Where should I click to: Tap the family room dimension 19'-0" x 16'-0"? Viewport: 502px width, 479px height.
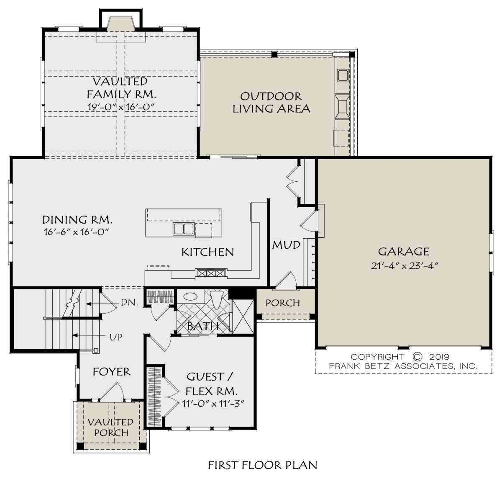[x=121, y=107]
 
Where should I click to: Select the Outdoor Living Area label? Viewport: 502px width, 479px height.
[x=271, y=103]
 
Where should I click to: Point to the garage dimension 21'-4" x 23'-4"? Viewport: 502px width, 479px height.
[x=405, y=266]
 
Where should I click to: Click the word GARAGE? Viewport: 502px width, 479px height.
[x=404, y=252]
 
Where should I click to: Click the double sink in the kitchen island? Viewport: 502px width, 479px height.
[x=183, y=229]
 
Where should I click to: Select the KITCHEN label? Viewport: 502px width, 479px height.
[x=207, y=252]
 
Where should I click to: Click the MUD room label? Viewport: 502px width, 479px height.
[x=286, y=245]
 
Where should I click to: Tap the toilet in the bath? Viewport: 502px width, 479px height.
[x=217, y=299]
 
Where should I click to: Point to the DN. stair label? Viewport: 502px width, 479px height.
[x=129, y=303]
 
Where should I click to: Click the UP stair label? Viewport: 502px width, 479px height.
[x=116, y=337]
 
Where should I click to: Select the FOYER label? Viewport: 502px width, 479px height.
[x=112, y=372]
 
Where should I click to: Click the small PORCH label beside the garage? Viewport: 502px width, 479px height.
[x=283, y=303]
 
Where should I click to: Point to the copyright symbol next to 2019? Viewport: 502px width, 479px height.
[x=417, y=356]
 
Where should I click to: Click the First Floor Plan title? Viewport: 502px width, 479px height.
[x=263, y=465]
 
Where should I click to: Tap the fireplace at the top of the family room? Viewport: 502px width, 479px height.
[x=120, y=24]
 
